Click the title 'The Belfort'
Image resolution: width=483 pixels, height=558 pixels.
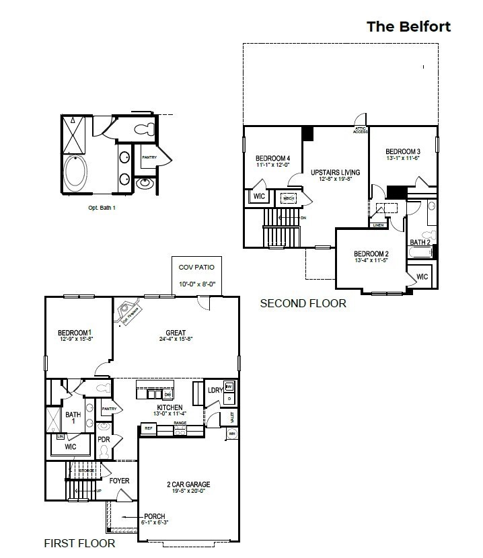[x=408, y=26]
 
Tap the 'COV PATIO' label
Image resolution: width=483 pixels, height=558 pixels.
[x=196, y=267]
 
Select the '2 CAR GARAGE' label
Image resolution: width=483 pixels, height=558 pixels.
[x=188, y=484]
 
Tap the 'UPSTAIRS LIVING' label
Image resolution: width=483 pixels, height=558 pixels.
[x=334, y=173]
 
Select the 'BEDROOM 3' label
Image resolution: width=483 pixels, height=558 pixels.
[x=403, y=151]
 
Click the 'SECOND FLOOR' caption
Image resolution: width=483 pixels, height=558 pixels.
[x=303, y=304]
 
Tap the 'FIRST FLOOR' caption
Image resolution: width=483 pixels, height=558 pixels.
[x=79, y=543]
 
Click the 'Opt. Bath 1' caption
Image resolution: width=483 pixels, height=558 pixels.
[x=102, y=208]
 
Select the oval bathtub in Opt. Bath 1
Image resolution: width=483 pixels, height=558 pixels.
[x=75, y=173]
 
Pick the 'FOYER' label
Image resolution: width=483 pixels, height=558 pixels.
[x=119, y=481]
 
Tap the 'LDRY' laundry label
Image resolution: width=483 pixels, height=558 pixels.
[x=215, y=390]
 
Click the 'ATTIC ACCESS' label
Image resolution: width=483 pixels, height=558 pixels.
[x=361, y=130]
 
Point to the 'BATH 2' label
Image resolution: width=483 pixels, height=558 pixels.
[x=420, y=242]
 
